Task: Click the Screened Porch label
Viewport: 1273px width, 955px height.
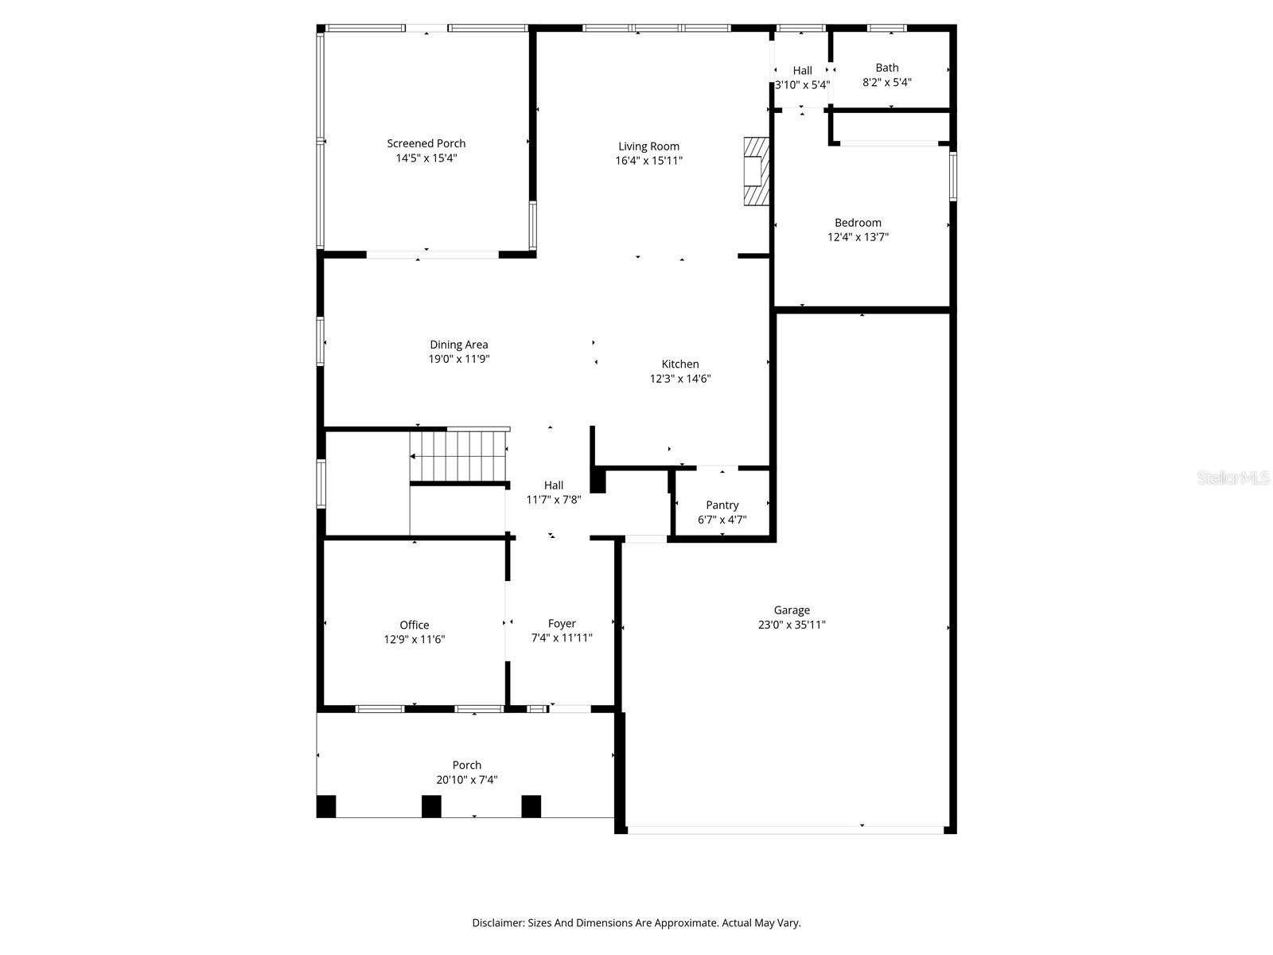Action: click(x=426, y=143)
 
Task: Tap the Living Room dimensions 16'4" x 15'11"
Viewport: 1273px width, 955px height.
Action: click(x=649, y=160)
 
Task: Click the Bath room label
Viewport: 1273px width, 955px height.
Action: click(x=887, y=68)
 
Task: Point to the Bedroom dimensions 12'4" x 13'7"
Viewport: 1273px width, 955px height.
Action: click(x=858, y=236)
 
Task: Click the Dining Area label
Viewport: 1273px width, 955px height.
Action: click(x=459, y=345)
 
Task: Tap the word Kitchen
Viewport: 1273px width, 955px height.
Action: click(x=680, y=364)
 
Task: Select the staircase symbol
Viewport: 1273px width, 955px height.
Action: click(x=459, y=457)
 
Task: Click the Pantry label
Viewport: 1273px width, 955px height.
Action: click(x=722, y=505)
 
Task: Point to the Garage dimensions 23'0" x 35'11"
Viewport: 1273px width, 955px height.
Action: click(x=792, y=625)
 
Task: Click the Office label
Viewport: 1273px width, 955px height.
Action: click(x=415, y=625)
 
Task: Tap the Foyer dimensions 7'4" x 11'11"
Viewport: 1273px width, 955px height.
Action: click(x=562, y=637)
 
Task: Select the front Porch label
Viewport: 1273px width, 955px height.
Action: click(x=467, y=765)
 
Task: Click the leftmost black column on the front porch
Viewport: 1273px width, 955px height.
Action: click(x=326, y=806)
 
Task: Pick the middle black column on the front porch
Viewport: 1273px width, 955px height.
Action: click(x=431, y=806)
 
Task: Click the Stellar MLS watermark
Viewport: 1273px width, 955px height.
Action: click(x=1234, y=478)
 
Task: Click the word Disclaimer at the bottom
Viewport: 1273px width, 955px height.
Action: click(x=498, y=923)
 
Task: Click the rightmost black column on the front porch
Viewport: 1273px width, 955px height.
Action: click(x=531, y=806)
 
